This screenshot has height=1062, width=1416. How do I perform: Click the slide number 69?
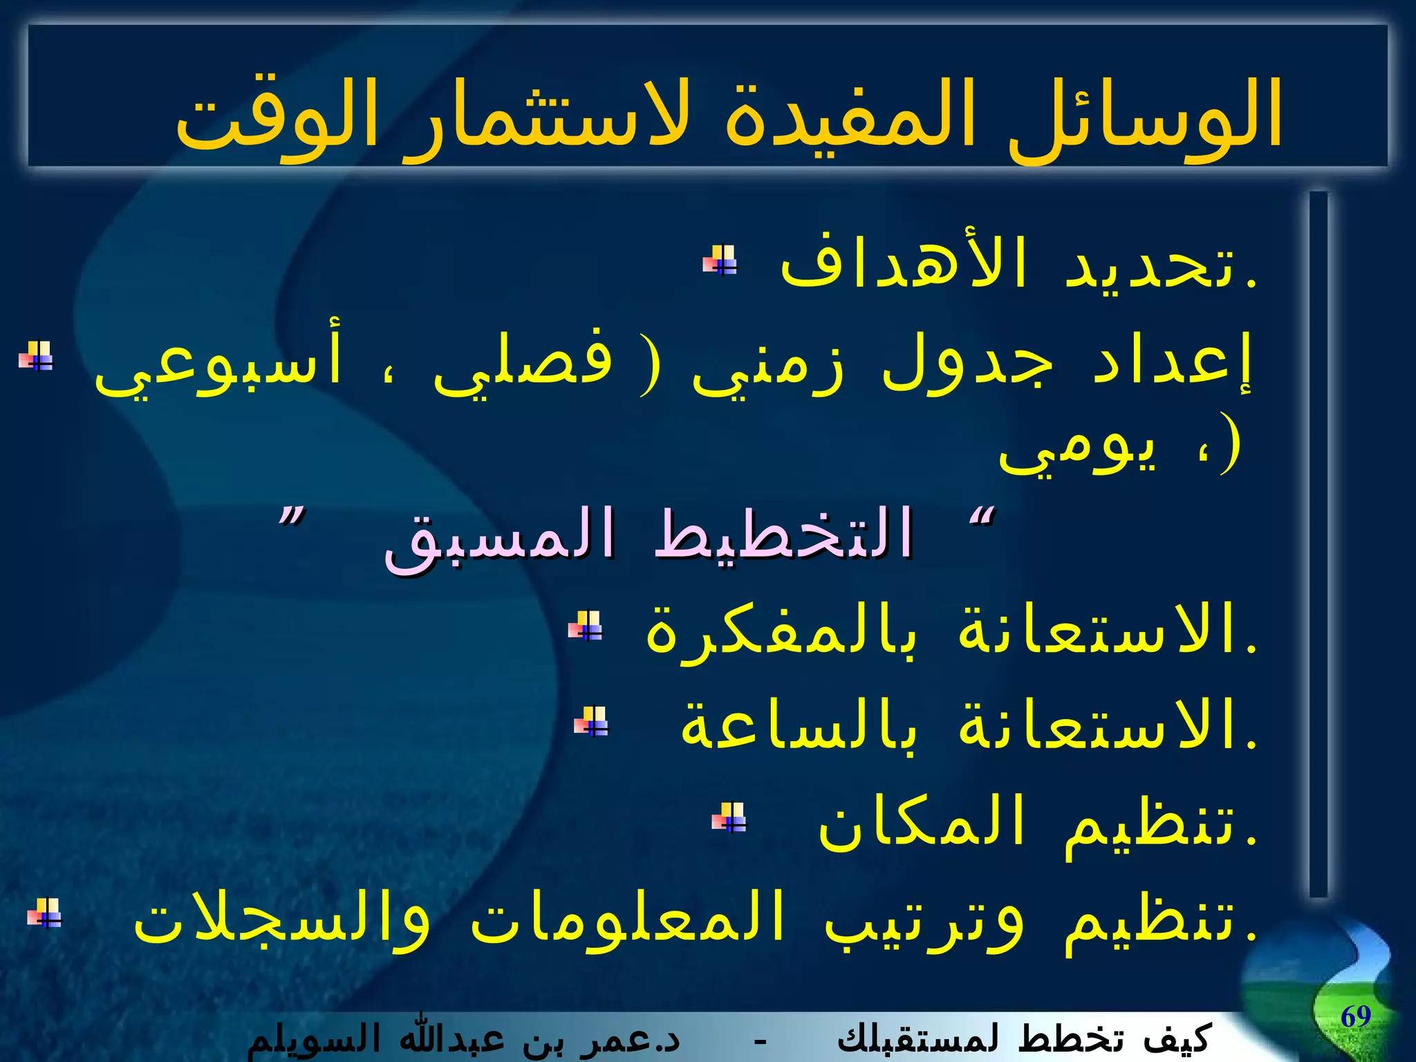1355,1016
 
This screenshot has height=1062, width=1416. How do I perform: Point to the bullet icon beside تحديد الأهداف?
720,261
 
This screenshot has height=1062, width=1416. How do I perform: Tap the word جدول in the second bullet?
968,363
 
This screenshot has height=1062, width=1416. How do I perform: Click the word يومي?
1079,449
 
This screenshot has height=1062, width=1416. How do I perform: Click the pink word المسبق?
498,539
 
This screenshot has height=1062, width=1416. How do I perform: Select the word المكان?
920,823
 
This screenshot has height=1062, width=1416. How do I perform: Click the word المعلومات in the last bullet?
626,920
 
